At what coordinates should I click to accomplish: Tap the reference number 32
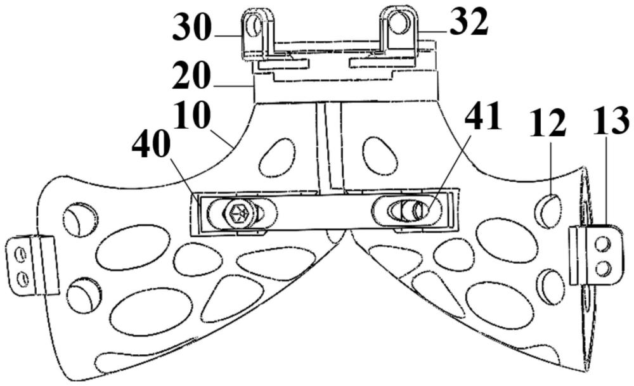tap(469, 24)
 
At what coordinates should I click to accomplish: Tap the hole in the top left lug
tap(255, 25)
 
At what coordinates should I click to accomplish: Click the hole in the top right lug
tap(399, 23)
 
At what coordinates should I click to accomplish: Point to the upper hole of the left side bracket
tap(20, 253)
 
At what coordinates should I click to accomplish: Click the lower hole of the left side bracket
tap(22, 278)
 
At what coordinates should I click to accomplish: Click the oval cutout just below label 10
tap(278, 157)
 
